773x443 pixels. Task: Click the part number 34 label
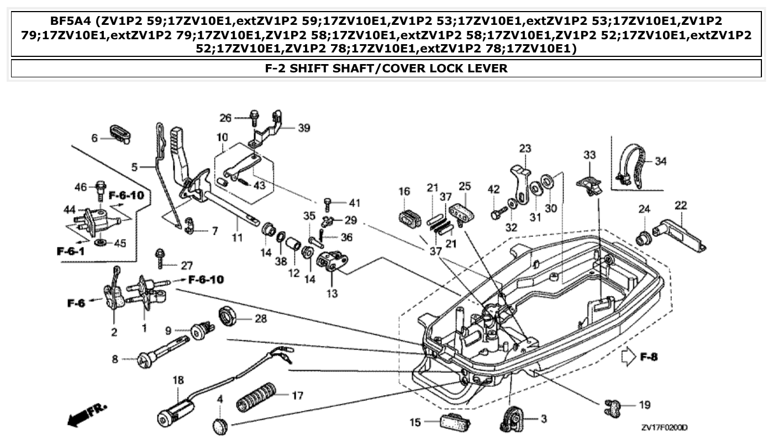(661, 162)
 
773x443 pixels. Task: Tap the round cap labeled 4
(220, 426)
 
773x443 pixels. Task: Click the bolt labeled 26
(254, 118)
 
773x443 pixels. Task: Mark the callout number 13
(332, 294)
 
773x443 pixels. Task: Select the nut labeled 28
(228, 317)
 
